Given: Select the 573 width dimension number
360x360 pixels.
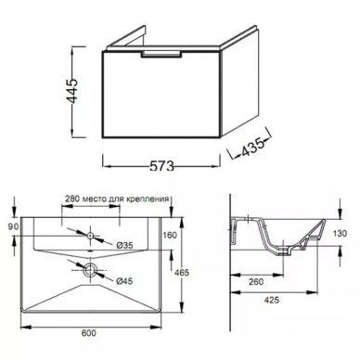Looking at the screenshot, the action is coord(161,166).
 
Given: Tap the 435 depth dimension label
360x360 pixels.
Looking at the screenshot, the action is coord(253,146).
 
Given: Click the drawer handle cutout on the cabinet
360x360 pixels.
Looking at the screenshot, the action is coord(161,54).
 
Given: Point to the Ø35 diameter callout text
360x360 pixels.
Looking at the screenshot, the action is coord(124,245).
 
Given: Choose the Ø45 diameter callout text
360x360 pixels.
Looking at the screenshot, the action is coord(124,281).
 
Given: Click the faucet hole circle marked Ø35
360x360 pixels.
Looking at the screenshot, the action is coord(90,236).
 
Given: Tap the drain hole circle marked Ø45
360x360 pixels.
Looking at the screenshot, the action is coord(90,269).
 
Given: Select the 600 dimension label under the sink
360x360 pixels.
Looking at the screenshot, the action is coord(89,333).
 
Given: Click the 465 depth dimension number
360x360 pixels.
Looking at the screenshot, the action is coord(182,273).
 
